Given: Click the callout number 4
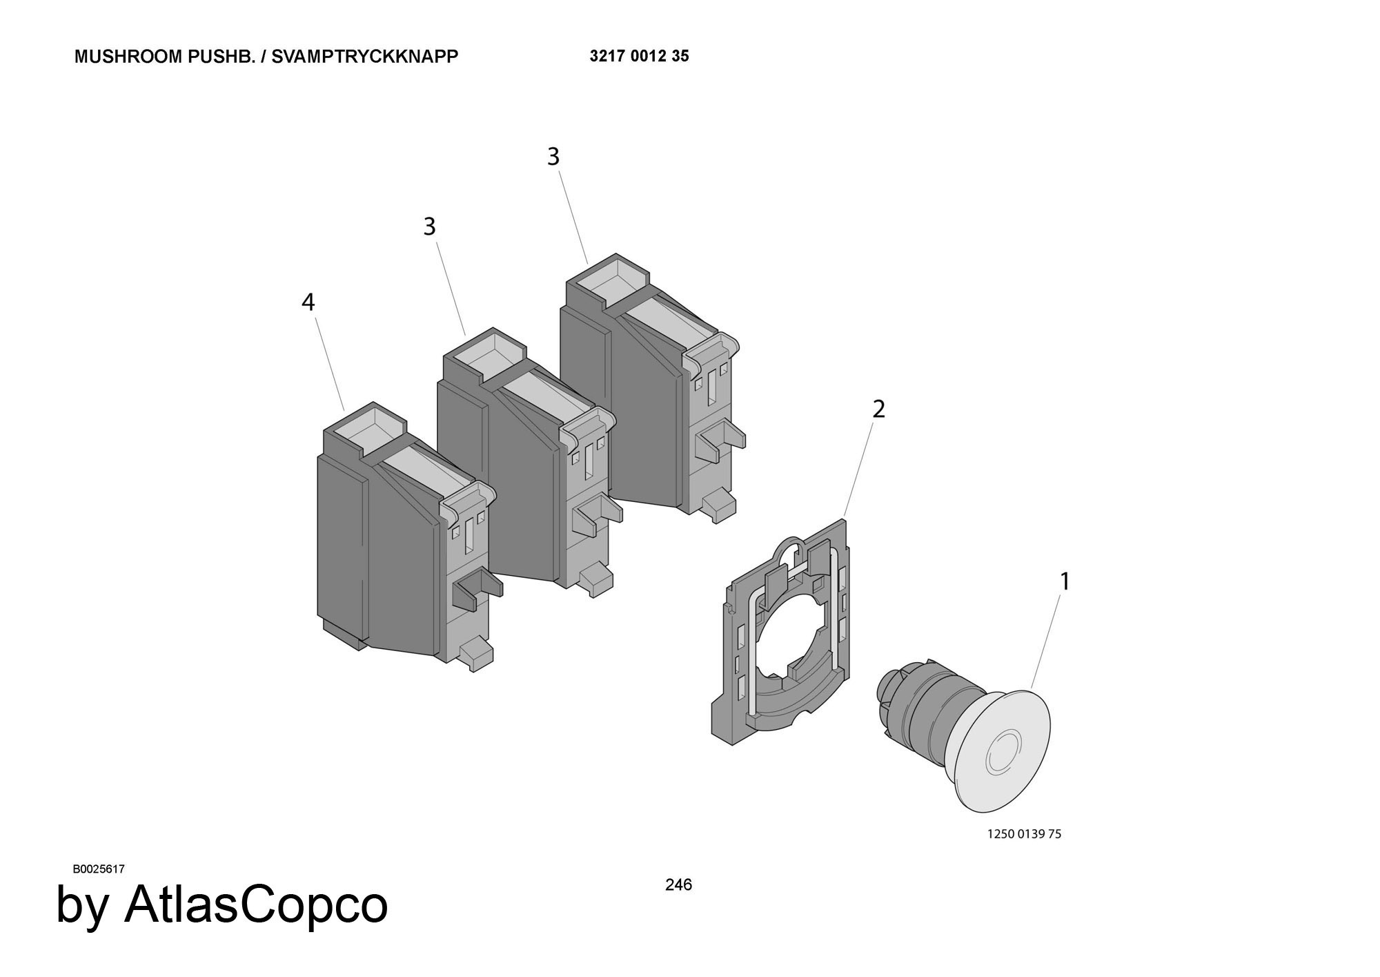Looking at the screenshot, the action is tap(308, 302).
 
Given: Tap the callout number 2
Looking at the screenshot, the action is tap(878, 409).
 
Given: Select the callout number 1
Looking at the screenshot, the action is tap(1065, 582).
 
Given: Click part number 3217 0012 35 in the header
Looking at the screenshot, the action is tap(639, 57).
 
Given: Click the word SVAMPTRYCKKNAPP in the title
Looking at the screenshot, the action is tap(365, 57).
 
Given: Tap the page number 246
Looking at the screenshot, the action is tap(678, 884).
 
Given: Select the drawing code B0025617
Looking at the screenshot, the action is tap(99, 869).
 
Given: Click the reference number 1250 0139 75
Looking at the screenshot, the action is tap(1025, 834).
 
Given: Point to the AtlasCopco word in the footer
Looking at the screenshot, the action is tap(256, 905).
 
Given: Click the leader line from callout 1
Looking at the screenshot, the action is tap(1046, 641).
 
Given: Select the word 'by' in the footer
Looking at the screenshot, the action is tap(82, 906).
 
